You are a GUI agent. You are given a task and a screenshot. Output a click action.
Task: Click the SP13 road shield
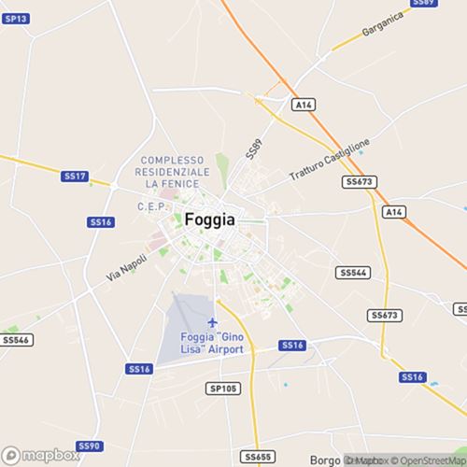click(x=17, y=19)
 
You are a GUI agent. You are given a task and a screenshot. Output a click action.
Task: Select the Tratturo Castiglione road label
click(x=330, y=160)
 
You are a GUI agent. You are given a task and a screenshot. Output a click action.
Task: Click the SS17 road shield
click(x=74, y=176)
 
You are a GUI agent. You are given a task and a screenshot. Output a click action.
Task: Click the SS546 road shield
click(x=17, y=340)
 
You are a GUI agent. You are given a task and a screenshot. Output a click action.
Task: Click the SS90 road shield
click(x=88, y=446)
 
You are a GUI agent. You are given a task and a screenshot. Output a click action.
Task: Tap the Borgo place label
click(x=327, y=460)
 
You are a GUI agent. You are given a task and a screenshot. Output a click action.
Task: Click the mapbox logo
click(x=41, y=457)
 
